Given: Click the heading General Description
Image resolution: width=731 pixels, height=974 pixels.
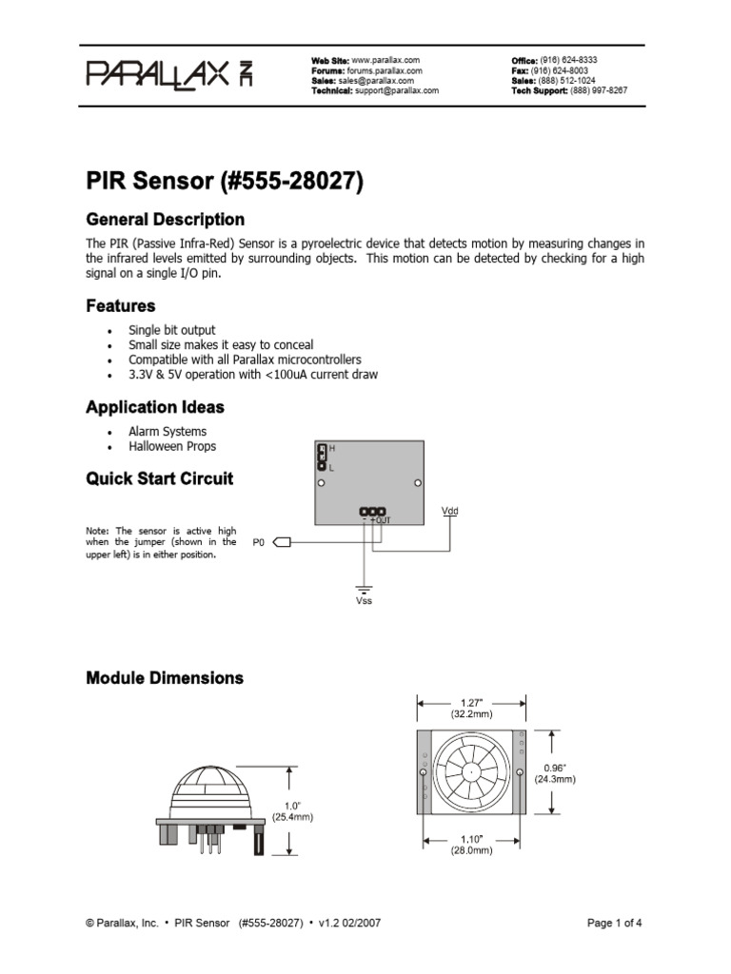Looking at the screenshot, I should click(165, 219).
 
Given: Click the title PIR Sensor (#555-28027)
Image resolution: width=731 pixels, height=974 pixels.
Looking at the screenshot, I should click(225, 181).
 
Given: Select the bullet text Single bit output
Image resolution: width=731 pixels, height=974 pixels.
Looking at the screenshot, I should click(172, 329).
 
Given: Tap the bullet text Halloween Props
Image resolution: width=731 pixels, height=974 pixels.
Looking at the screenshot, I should click(172, 446).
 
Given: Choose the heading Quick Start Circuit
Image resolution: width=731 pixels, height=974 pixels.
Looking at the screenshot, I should click(159, 478).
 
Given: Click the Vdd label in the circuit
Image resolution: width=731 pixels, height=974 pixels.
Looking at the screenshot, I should click(450, 511).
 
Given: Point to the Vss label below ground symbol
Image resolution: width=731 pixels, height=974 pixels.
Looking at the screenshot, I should click(365, 601).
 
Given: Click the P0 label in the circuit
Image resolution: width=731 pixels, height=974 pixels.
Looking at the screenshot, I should click(258, 543).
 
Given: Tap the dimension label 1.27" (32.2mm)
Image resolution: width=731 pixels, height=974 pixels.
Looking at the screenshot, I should click(471, 707).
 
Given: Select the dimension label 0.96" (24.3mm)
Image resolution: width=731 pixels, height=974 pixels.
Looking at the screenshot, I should click(554, 772).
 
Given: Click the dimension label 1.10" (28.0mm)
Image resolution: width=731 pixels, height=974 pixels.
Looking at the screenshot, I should click(471, 846).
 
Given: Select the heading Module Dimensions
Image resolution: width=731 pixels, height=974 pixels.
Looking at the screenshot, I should click(165, 678).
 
